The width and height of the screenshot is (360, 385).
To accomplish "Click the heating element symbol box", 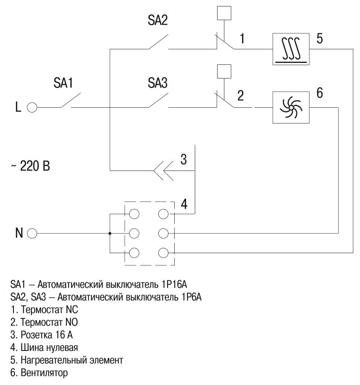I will point(291,49).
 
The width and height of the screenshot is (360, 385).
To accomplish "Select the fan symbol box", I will point(291,107).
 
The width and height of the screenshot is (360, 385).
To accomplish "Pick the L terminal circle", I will point(31,108).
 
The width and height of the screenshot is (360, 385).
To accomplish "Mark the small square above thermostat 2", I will point(222,70).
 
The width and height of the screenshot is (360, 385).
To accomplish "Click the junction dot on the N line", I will point(110,233).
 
